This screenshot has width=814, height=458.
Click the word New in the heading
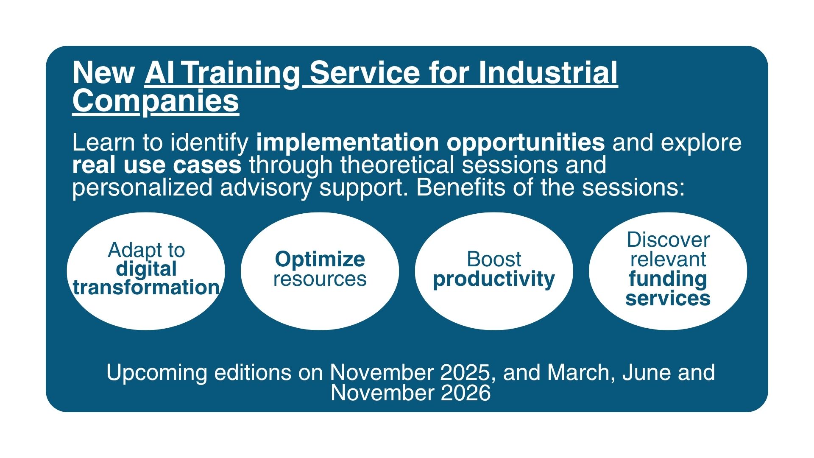104,73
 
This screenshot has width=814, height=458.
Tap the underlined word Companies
156,102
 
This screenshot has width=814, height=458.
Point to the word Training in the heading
241,73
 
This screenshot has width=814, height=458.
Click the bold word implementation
347,142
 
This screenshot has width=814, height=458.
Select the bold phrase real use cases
157,165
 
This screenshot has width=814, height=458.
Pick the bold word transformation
146,288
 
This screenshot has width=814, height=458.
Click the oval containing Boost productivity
494,271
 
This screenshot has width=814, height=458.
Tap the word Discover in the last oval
668,240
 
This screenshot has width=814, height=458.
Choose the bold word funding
668,279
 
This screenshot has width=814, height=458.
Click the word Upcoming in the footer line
156,373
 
